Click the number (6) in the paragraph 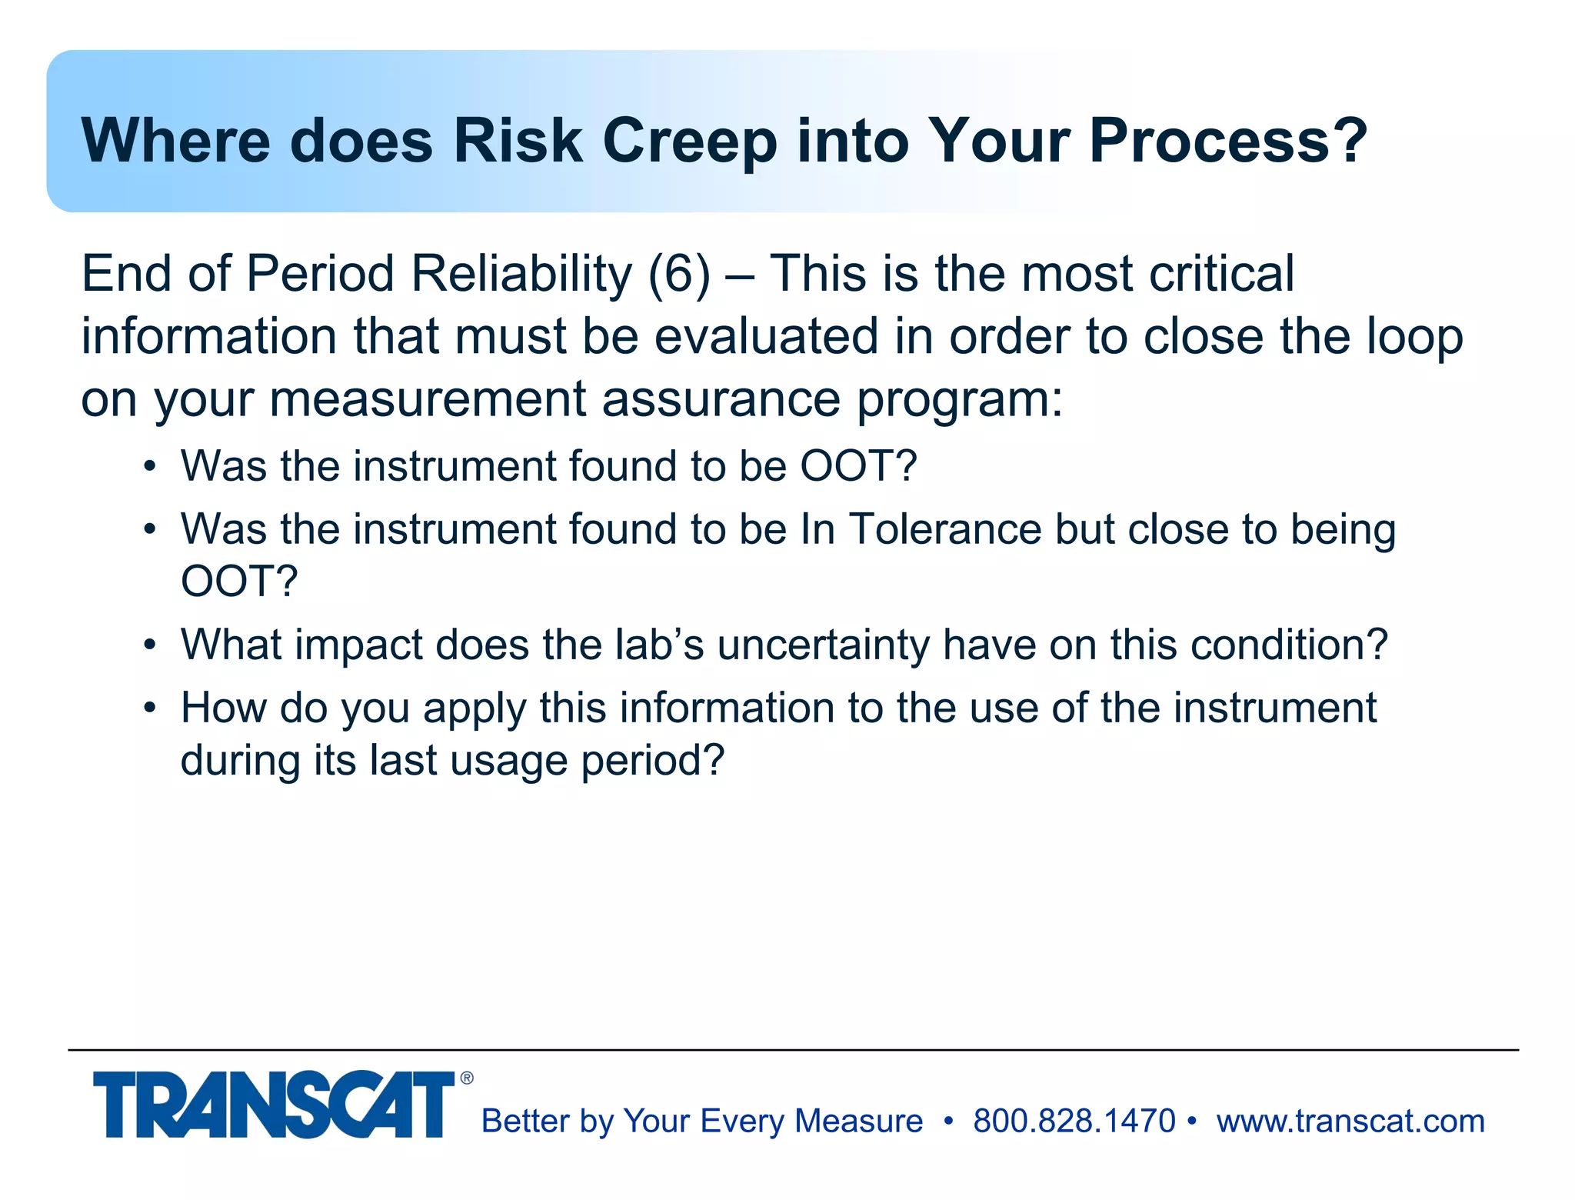[x=679, y=274]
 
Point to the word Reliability [x=521, y=274]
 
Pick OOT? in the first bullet [x=858, y=466]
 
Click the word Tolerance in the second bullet [x=945, y=529]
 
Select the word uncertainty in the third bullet [x=823, y=645]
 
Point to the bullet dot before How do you [x=150, y=708]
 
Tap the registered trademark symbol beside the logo [x=467, y=1078]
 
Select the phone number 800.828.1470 [x=1074, y=1121]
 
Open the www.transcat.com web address [x=1350, y=1121]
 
